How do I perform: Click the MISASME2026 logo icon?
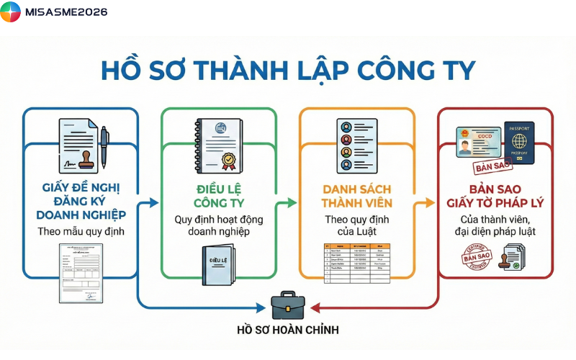click(x=11, y=12)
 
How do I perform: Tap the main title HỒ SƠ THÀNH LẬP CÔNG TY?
click(x=288, y=71)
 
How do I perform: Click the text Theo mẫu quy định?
click(x=81, y=232)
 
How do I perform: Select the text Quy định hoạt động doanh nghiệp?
click(x=217, y=225)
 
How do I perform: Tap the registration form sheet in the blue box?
click(x=80, y=274)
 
